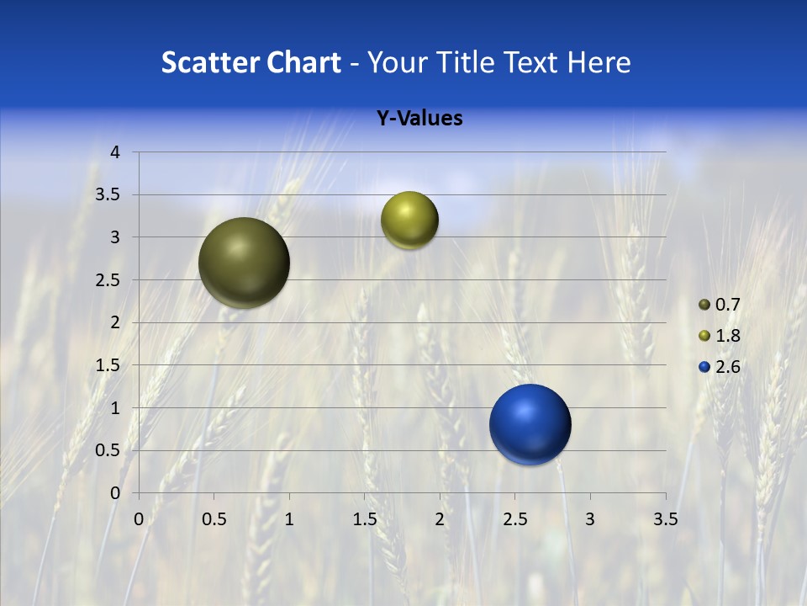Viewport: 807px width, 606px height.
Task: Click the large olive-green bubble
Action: point(244,263)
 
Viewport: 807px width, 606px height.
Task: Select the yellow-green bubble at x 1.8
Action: point(409,221)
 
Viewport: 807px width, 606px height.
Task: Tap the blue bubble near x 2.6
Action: point(530,424)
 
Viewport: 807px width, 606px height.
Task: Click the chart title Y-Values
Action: point(419,119)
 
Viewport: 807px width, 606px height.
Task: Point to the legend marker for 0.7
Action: point(704,305)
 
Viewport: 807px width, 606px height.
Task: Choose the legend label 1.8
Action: point(728,336)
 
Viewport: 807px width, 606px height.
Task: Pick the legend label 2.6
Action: point(728,367)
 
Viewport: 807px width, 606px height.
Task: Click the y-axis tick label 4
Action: point(116,152)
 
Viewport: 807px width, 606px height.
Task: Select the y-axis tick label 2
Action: point(116,322)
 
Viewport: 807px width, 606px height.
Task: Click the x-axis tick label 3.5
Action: point(665,519)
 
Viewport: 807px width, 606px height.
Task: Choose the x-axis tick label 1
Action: point(289,519)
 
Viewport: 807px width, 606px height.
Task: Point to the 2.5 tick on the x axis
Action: point(514,519)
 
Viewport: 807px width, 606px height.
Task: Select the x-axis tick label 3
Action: point(590,519)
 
